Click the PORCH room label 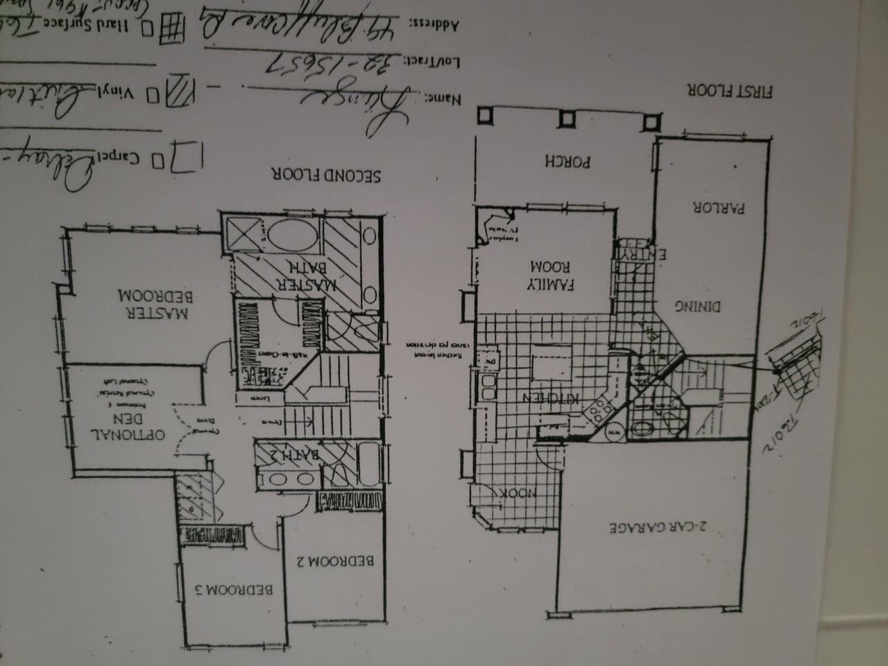click(567, 161)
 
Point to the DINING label click(699, 306)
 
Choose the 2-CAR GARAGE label click(657, 527)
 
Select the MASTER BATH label click(305, 275)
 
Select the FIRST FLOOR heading click(731, 90)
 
